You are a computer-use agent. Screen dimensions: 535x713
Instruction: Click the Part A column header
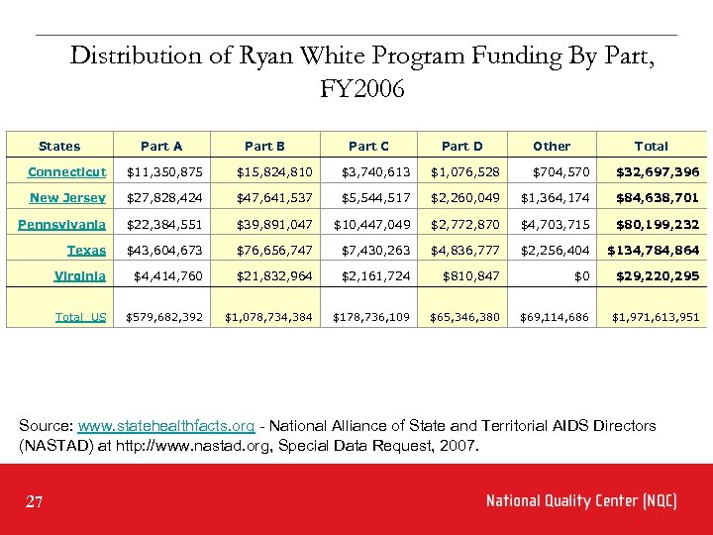(x=161, y=146)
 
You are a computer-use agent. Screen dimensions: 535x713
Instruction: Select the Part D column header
(x=461, y=146)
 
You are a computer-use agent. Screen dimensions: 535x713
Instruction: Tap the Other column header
(x=552, y=146)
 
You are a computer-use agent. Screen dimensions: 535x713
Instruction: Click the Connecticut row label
(x=66, y=172)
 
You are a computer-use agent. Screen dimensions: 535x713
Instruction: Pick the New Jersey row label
(x=67, y=198)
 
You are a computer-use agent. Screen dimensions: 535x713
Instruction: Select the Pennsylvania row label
(x=61, y=224)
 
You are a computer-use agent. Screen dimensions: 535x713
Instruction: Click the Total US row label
(x=80, y=317)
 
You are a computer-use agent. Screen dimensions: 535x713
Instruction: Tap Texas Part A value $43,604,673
(x=165, y=250)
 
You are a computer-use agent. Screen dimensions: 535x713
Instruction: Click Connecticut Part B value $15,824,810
(x=274, y=172)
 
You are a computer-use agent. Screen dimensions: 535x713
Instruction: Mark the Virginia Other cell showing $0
(x=582, y=275)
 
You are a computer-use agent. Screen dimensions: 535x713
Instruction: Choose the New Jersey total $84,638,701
(x=658, y=198)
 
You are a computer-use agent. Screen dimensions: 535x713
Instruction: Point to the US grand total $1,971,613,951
(x=656, y=317)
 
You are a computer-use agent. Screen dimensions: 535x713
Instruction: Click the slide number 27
(x=35, y=502)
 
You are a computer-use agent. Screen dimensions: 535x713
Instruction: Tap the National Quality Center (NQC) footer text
(x=581, y=500)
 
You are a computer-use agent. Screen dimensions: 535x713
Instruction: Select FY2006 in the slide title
(x=362, y=89)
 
